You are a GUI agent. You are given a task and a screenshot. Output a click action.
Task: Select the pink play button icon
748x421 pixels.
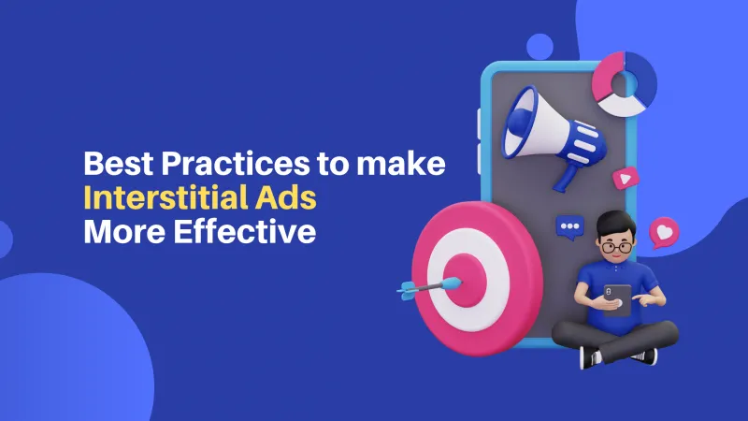[x=624, y=178]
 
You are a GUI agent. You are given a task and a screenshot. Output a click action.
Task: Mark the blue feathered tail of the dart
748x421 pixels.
[x=409, y=291]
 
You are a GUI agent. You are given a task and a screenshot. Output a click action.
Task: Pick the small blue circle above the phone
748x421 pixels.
[x=539, y=46]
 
